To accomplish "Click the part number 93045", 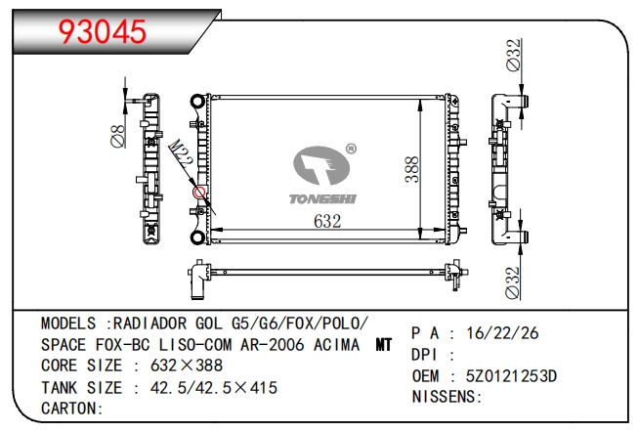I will coord(103,31).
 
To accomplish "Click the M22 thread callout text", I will coord(181,157).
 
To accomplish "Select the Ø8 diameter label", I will coord(116,134).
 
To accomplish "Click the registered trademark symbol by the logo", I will coord(351,150).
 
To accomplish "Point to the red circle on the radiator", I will coord(200,193).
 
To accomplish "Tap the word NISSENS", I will coord(446,397).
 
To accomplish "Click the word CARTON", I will coord(71,408).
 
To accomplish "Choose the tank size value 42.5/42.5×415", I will coord(208,387).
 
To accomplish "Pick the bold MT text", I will coord(385,345).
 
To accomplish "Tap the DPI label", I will coord(427,355).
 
